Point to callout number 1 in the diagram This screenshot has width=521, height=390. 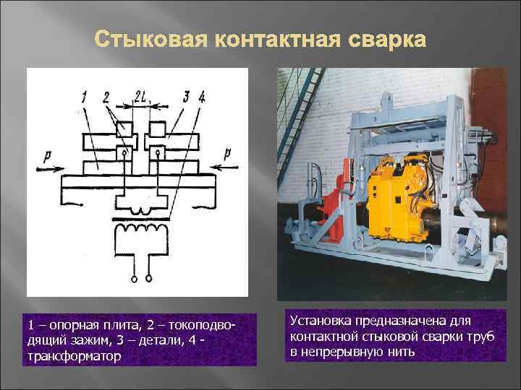[85, 95]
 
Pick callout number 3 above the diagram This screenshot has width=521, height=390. [185, 95]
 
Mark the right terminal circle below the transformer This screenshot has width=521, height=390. [149, 277]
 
